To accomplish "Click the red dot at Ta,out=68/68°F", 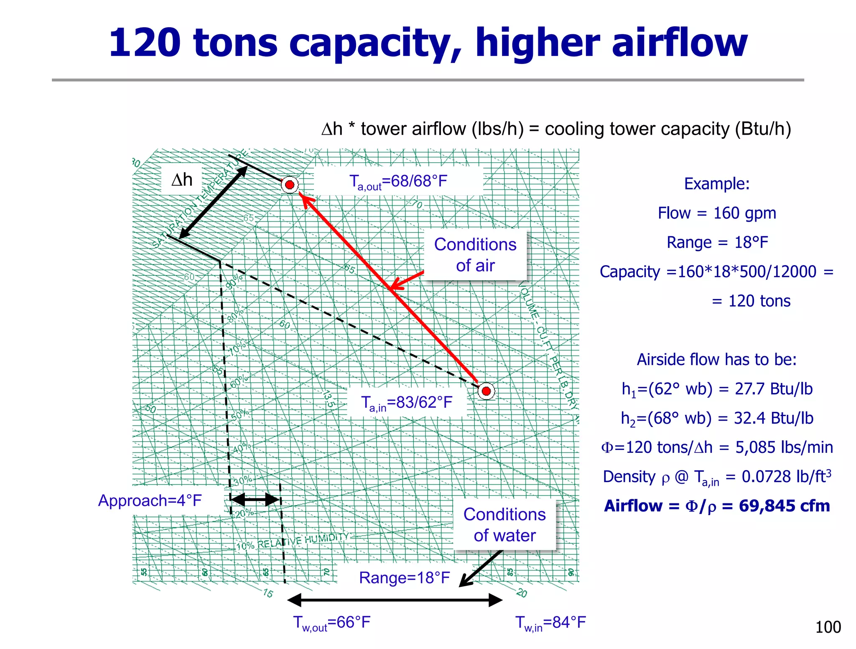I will tap(290, 184).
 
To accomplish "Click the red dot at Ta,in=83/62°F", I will tap(486, 391).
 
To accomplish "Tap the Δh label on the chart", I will tap(182, 180).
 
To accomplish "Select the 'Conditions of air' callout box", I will tap(475, 255).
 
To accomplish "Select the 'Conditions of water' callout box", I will tap(504, 524).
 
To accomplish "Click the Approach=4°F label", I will tap(150, 500).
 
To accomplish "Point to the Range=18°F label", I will tap(404, 577).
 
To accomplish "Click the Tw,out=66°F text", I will tap(331, 623).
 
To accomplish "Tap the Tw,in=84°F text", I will tap(550, 623).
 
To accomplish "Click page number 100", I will tap(828, 627).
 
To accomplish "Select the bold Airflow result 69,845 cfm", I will tap(784, 506).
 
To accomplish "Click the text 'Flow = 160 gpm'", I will tap(717, 213).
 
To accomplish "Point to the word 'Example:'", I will tap(717, 184).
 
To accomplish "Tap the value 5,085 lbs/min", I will tap(784, 447).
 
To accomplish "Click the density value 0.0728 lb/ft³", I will tap(786, 477).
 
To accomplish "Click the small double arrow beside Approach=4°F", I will tap(255, 499).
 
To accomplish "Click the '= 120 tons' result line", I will tap(751, 301).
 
